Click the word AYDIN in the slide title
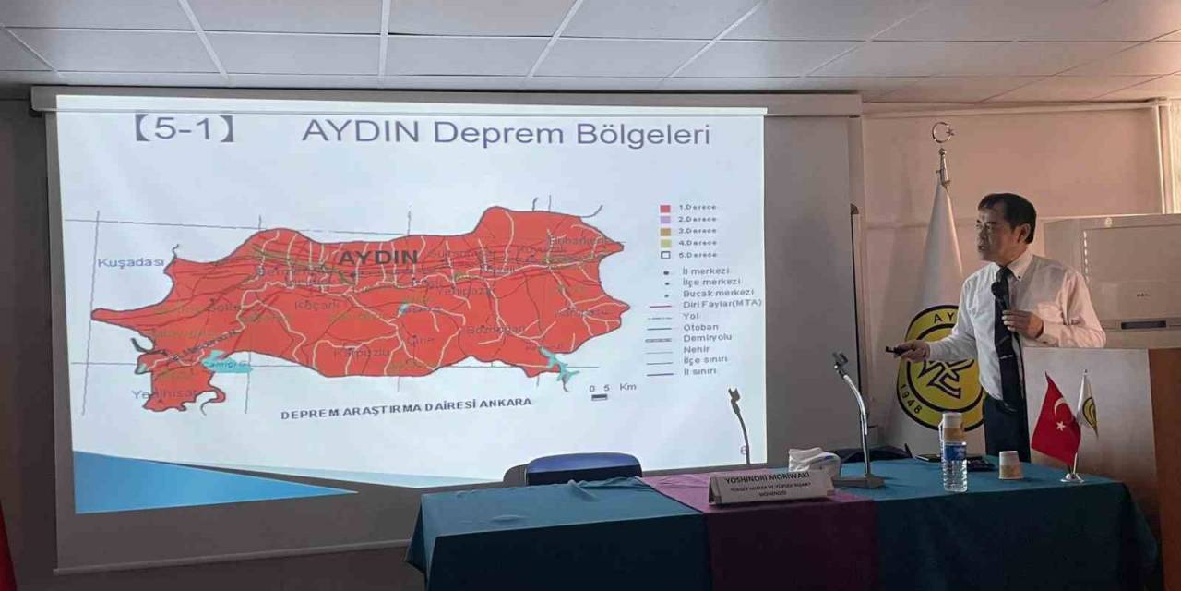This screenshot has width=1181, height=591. click(361, 132)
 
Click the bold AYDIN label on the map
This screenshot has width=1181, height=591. click(377, 257)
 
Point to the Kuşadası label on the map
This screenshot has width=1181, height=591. click(130, 262)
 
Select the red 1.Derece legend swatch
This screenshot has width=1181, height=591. click(664, 208)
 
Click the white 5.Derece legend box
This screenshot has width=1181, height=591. click(664, 254)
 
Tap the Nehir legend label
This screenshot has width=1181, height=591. click(698, 348)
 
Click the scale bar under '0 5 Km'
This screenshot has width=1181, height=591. click(600, 397)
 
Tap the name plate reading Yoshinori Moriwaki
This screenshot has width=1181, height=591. click(770, 485)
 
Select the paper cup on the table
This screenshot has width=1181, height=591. click(1010, 464)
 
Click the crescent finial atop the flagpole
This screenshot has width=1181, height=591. click(942, 133)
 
